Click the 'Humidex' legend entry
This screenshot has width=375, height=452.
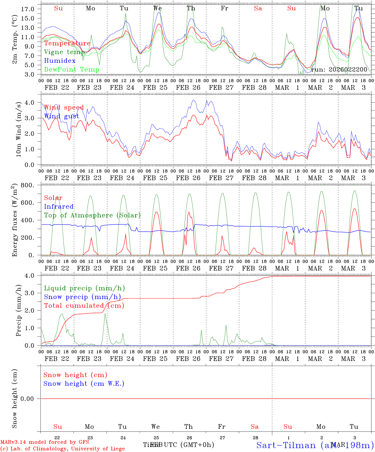(x=60, y=61)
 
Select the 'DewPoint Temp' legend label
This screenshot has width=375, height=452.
(x=72, y=69)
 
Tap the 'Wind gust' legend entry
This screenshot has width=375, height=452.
(x=62, y=116)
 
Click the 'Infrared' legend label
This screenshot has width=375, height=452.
(x=59, y=207)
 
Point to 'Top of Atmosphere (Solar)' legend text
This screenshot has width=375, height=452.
(x=92, y=215)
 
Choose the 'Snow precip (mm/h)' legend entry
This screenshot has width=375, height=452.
(x=82, y=297)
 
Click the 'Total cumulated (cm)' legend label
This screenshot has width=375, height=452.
(x=84, y=305)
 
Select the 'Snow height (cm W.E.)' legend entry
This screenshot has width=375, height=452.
(x=84, y=384)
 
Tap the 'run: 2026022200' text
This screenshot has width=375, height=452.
(x=339, y=70)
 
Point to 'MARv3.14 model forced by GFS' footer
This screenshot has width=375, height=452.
(x=44, y=442)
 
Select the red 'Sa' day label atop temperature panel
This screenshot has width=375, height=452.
(x=258, y=8)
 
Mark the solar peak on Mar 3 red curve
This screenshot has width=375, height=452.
(x=354, y=209)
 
